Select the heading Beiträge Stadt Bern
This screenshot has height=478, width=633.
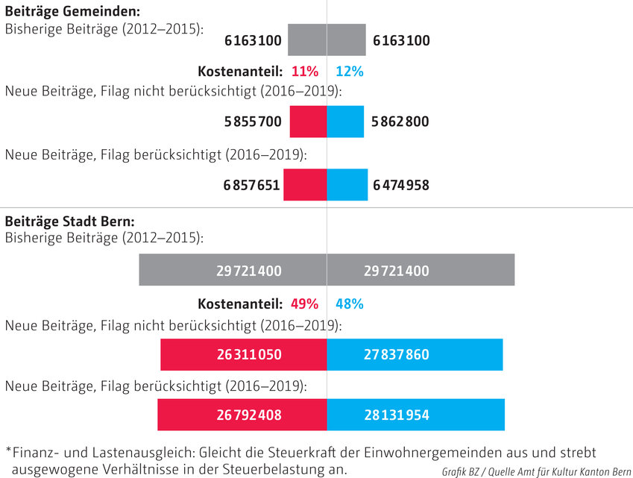(69, 221)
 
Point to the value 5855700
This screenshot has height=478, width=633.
(253, 122)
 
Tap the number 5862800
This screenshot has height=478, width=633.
(401, 122)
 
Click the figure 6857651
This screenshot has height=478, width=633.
(251, 185)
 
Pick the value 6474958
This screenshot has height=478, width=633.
(401, 185)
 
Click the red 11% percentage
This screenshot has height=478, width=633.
(305, 72)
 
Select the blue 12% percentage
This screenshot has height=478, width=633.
(349, 72)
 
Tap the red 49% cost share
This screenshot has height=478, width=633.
(305, 304)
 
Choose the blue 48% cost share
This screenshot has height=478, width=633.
(349, 304)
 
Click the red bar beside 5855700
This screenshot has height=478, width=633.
(308, 122)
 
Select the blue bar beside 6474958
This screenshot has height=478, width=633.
(347, 185)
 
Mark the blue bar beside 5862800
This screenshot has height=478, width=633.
(345, 122)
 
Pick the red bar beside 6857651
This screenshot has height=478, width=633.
(305, 185)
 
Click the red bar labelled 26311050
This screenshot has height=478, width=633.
(243, 355)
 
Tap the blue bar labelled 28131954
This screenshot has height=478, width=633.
(416, 415)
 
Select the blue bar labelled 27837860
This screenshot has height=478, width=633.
(415, 355)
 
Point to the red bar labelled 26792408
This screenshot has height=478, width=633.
(242, 415)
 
